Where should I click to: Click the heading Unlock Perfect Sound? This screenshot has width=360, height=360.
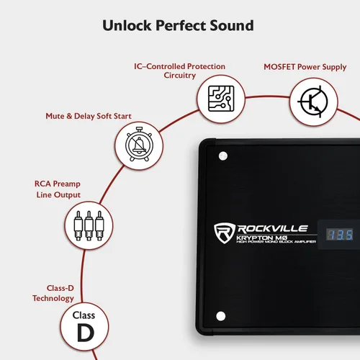(178, 25)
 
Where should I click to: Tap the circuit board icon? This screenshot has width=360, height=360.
(221, 99)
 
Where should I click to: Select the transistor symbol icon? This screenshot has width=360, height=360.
(313, 102)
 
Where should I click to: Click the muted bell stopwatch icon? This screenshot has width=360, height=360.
(139, 145)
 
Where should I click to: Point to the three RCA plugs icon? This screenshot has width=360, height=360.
(89, 225)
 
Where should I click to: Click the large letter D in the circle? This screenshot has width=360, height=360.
(86, 333)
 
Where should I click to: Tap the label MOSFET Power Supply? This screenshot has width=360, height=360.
(305, 67)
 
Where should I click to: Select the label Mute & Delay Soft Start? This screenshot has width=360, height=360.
(89, 116)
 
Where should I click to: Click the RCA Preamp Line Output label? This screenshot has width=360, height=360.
(58, 189)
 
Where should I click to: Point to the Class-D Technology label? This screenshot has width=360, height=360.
(53, 293)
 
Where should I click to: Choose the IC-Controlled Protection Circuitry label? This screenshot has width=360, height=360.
(179, 71)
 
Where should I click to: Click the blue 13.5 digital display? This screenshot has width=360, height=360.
(340, 235)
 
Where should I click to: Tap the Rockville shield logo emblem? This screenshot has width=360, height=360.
(225, 233)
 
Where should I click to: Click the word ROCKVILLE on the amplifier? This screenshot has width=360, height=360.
(273, 229)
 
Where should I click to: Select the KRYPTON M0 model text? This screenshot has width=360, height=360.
(262, 238)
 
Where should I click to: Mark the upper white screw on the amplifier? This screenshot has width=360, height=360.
(223, 156)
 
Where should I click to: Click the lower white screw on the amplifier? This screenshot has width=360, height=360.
(221, 316)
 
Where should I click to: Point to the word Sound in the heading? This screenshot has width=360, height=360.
(232, 25)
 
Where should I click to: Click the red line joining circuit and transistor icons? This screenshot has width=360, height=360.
(267, 96)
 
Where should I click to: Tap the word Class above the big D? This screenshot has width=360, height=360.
(84, 315)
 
